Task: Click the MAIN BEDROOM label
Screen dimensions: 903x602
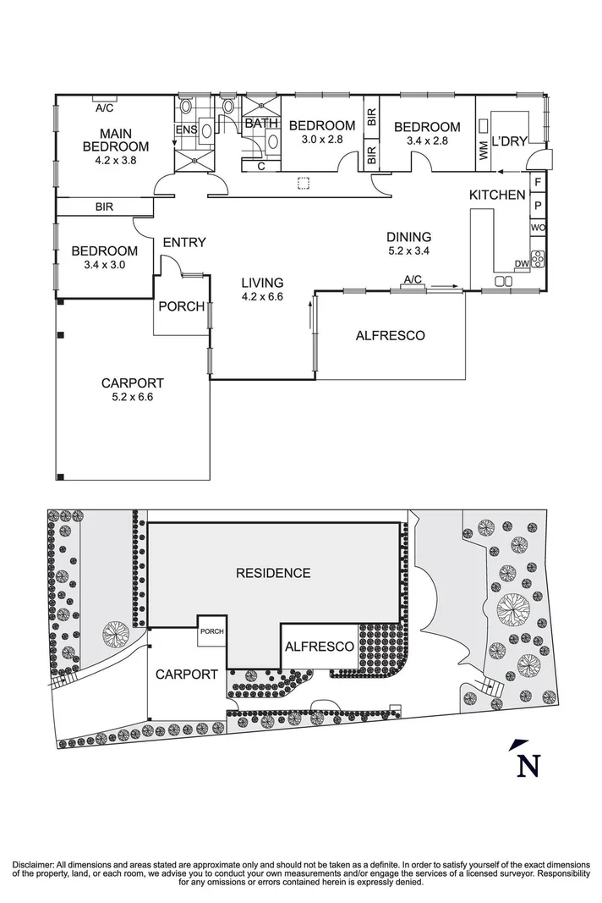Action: point(115,140)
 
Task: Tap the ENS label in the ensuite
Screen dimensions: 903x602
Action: point(185,129)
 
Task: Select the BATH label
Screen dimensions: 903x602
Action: point(261,124)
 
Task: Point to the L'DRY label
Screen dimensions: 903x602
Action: point(509,141)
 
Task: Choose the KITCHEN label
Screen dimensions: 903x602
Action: point(497,195)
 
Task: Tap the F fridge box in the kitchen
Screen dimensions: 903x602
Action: point(537,181)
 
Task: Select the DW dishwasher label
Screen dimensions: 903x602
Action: point(521,265)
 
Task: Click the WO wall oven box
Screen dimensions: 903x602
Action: point(537,229)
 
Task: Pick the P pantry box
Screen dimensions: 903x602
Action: point(537,205)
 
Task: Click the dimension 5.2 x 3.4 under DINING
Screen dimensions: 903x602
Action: point(408,251)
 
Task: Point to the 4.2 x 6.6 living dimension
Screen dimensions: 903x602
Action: point(261,297)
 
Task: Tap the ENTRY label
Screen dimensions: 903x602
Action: point(184,243)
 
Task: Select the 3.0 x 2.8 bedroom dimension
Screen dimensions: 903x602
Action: point(315,140)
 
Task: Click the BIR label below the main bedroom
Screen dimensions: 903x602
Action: point(105,206)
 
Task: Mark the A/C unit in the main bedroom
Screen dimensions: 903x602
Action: point(104,107)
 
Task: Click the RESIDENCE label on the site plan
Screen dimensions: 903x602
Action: point(272,573)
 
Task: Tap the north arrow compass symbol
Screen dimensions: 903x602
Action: point(526,762)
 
